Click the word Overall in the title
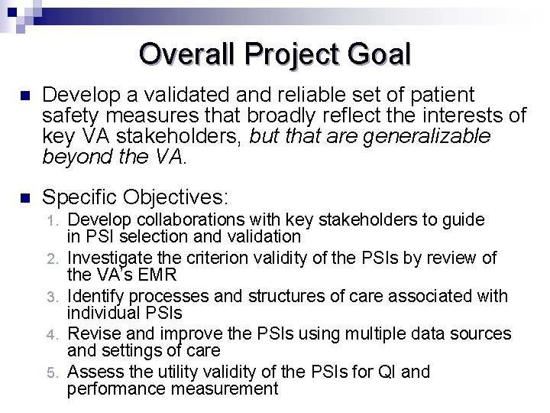[187, 55]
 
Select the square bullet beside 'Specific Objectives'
[24, 198]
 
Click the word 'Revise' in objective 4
[92, 334]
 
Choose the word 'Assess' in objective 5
[93, 372]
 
